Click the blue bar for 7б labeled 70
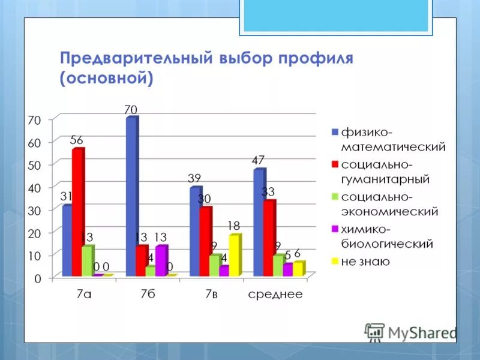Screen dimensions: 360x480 click(131, 198)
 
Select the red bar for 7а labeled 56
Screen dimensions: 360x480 click(77, 213)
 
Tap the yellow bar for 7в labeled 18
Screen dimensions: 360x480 click(234, 256)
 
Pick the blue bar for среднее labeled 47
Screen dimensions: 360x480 click(259, 223)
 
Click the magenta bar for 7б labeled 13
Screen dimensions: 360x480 click(160, 262)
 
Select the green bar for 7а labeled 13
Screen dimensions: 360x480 click(86, 262)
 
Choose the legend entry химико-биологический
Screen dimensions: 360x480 click(386, 236)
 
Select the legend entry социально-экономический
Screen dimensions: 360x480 click(389, 204)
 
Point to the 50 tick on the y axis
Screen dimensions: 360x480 click(34, 164)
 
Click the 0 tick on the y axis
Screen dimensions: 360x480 click(38, 278)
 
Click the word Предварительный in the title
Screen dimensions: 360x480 click(134, 59)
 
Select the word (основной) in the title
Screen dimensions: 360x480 click(106, 78)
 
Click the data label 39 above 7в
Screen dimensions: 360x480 click(194, 178)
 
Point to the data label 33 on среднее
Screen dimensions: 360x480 click(268, 192)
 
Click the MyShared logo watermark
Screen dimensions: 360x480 click(411, 332)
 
